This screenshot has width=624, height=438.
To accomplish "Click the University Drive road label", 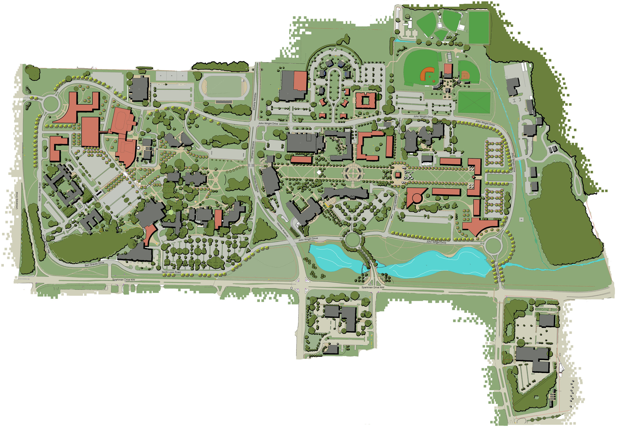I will [x=17, y=201].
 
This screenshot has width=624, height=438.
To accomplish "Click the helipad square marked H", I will [x=521, y=219].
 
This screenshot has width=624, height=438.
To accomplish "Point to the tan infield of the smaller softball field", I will [x=465, y=75].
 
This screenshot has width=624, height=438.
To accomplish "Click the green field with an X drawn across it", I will [x=474, y=103].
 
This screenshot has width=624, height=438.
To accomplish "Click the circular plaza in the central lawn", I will [x=353, y=173].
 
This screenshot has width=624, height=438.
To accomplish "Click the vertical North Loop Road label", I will [x=40, y=192].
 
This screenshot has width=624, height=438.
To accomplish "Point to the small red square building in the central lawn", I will [x=398, y=175].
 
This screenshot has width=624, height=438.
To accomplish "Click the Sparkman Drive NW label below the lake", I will [x=373, y=287].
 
